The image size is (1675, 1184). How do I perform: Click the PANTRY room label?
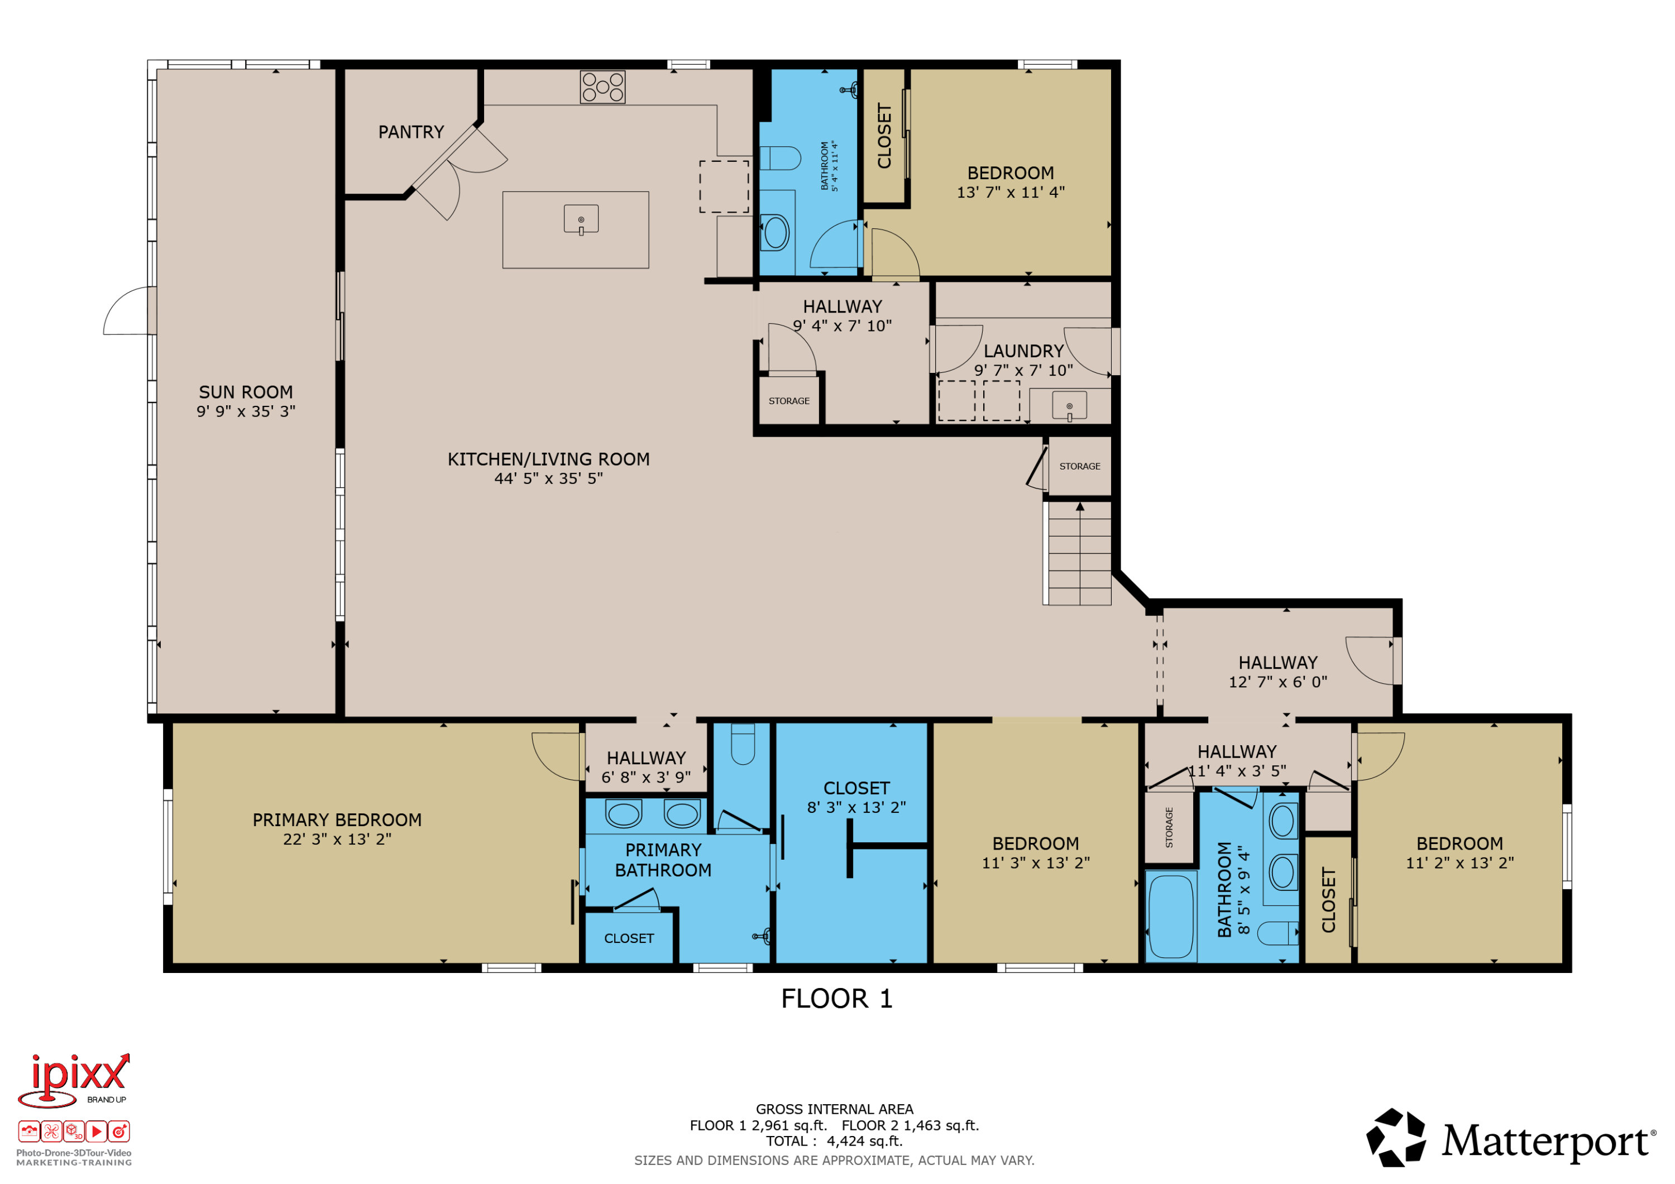tap(411, 132)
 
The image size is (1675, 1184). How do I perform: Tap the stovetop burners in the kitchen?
tap(602, 87)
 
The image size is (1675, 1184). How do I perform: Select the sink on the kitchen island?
tap(581, 219)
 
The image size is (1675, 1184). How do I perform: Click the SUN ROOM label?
tap(246, 392)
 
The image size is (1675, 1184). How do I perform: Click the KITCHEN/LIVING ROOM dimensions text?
tap(549, 478)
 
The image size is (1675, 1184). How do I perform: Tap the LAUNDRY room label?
tap(1023, 352)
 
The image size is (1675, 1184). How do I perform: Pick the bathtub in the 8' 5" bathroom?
tap(1171, 916)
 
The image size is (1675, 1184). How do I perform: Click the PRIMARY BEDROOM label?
tap(337, 820)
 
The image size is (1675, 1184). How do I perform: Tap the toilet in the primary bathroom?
tap(743, 744)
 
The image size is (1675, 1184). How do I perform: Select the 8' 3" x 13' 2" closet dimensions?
tap(856, 808)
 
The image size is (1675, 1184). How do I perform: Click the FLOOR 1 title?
tap(837, 999)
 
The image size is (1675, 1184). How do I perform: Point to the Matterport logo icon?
tap(1396, 1137)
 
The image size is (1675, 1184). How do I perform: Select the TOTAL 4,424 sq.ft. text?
tap(834, 1142)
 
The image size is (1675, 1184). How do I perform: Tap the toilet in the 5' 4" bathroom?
tap(780, 157)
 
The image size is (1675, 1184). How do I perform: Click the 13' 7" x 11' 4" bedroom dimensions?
tap(1011, 193)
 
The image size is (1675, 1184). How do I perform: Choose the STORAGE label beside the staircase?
tap(1080, 466)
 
